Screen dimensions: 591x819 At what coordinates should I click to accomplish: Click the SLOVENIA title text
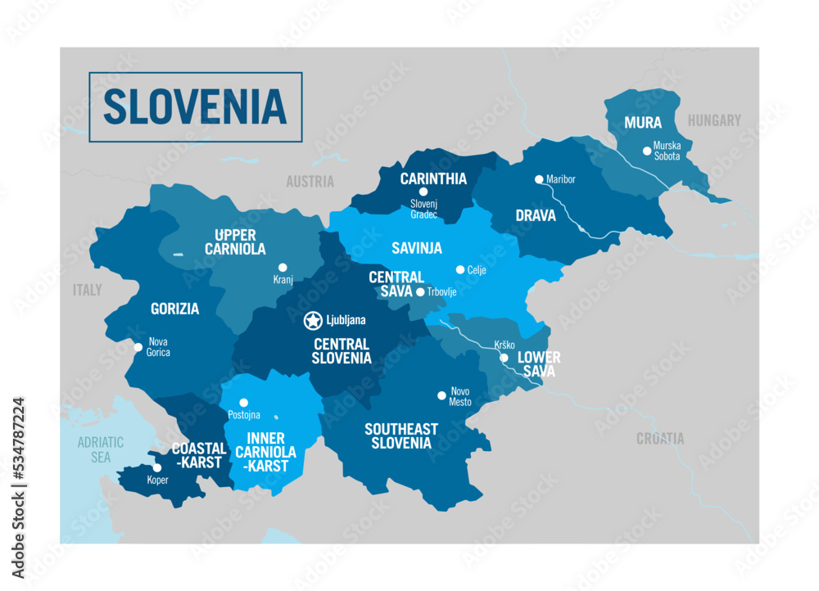tap(195, 106)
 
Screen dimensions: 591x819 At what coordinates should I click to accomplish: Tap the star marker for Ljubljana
tap(312, 320)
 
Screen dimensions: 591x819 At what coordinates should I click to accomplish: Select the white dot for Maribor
tap(539, 179)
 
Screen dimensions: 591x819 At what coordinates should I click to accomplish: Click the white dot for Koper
tap(157, 468)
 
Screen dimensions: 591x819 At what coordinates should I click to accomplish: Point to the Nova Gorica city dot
tap(138, 347)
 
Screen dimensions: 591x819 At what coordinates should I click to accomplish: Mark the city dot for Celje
tap(460, 269)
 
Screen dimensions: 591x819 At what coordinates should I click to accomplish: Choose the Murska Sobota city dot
tap(647, 150)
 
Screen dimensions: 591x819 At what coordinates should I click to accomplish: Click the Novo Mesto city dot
tap(441, 395)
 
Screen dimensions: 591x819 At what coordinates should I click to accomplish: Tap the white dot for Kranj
tap(283, 267)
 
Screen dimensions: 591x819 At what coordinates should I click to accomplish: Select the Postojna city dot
tap(233, 391)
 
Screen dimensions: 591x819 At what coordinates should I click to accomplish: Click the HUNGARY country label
tap(714, 120)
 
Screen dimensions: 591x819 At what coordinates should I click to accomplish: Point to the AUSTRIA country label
tap(310, 182)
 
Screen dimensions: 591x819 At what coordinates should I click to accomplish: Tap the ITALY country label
tap(88, 290)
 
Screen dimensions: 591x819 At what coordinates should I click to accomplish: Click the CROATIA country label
tap(660, 439)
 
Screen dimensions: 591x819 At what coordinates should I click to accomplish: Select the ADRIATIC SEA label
tap(100, 449)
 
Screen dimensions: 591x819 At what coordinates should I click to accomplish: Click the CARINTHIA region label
tap(433, 178)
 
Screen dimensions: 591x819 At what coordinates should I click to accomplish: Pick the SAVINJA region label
tap(417, 247)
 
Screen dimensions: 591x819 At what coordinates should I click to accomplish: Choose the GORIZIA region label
tap(174, 309)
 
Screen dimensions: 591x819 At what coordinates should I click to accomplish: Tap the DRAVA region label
tap(536, 216)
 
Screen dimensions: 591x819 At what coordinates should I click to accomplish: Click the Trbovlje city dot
tap(420, 292)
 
